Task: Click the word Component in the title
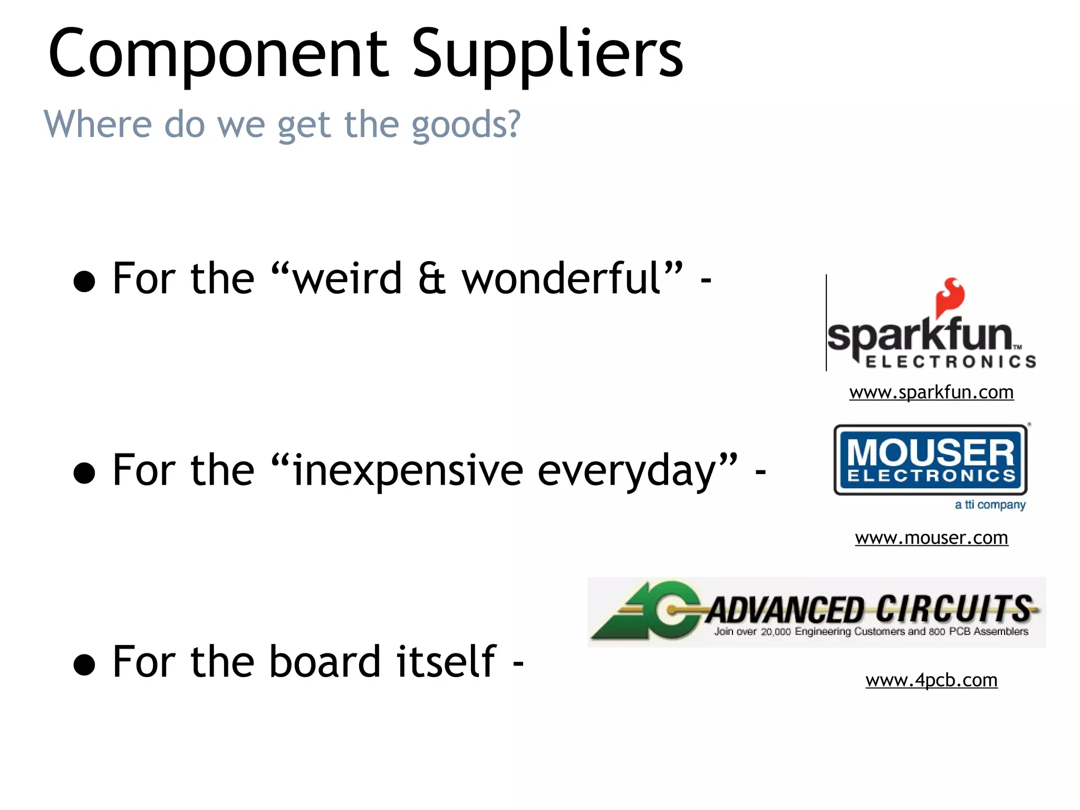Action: point(217,54)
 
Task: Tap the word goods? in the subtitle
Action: point(466,126)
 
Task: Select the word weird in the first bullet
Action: point(348,278)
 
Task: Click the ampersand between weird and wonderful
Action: point(431,279)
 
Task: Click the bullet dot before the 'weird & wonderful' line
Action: point(84,282)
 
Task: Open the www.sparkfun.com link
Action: point(931,392)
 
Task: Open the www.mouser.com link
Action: point(931,538)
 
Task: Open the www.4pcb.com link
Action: point(931,680)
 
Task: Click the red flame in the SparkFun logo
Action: point(950,296)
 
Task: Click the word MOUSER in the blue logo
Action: point(931,452)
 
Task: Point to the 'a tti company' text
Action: point(990,505)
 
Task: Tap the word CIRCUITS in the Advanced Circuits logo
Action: point(954,609)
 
